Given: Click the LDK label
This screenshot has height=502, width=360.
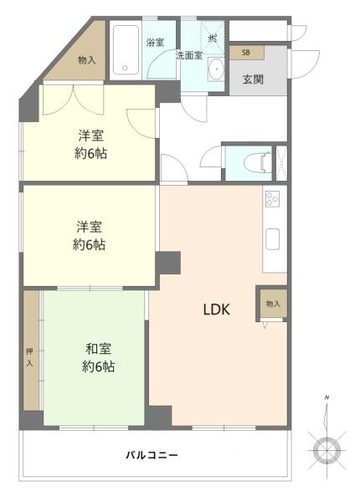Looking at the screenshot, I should pyautogui.click(x=216, y=309).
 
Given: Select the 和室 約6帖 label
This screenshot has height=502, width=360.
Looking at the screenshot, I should pyautogui.click(x=97, y=357).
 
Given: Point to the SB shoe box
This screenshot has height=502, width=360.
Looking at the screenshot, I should pyautogui.click(x=246, y=53).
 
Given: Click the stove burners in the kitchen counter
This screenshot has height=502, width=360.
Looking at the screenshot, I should pyautogui.click(x=273, y=199).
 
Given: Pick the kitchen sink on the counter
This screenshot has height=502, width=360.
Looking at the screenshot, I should pyautogui.click(x=273, y=238).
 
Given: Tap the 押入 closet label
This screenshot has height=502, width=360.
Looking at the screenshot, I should pyautogui.click(x=31, y=358).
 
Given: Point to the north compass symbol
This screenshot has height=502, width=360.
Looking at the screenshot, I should pyautogui.click(x=327, y=449).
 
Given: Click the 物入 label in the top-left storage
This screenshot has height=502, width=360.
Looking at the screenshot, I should pyautogui.click(x=87, y=60).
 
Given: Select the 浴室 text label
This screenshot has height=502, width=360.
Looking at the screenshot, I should pyautogui.click(x=154, y=43).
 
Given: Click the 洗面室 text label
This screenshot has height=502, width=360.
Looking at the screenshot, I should pyautogui.click(x=188, y=56).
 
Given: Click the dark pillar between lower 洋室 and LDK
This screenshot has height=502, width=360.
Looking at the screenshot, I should pyautogui.click(x=168, y=261).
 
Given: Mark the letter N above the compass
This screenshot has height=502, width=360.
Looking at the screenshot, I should pyautogui.click(x=327, y=397).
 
